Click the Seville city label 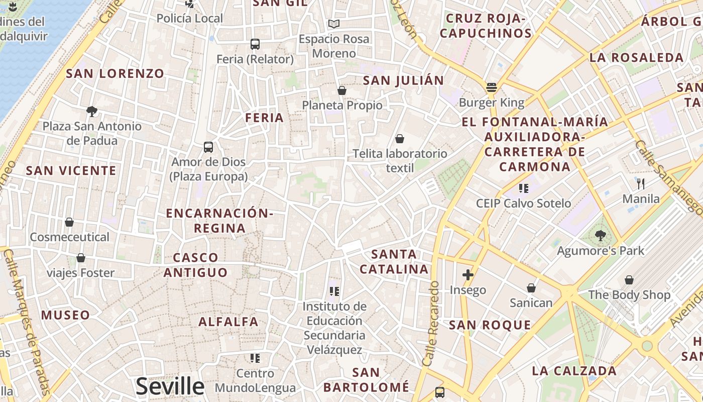click(170, 386)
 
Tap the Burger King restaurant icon click(492, 87)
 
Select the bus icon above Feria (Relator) click(255, 44)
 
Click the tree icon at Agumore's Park click(600, 235)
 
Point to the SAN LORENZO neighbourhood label click(115, 73)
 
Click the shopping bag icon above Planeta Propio click(342, 90)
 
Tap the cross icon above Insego click(468, 275)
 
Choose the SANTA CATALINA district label click(394, 261)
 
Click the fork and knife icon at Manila click(640, 183)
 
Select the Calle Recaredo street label click(431, 323)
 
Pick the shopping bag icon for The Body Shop click(629, 280)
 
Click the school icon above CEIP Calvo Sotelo click(524, 188)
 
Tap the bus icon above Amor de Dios click(208, 147)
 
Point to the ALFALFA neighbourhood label click(228, 322)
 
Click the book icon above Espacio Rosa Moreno click(334, 24)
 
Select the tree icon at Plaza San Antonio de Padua click(91, 111)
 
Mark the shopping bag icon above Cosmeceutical click(69, 222)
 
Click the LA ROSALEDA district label click(636, 57)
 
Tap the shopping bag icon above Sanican click(531, 288)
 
